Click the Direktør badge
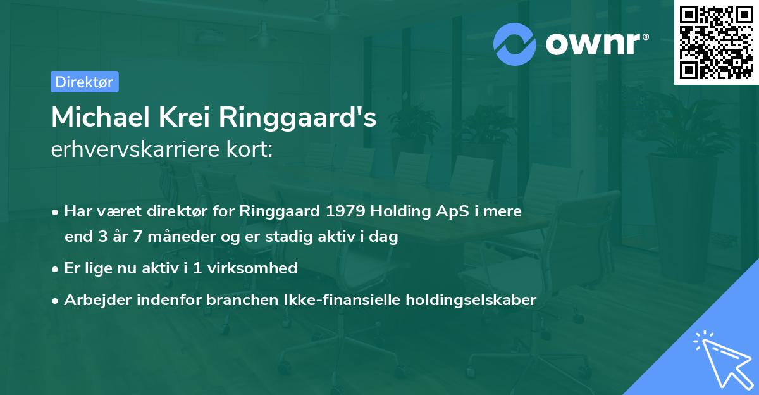pyautogui.click(x=84, y=82)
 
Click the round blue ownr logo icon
pyautogui.click(x=515, y=44)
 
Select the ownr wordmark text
pyautogui.click(x=596, y=44)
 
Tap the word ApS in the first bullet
pyautogui.click(x=438, y=212)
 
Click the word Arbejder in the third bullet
pyautogui.click(x=93, y=300)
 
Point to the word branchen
pyautogui.click(x=237, y=299)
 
